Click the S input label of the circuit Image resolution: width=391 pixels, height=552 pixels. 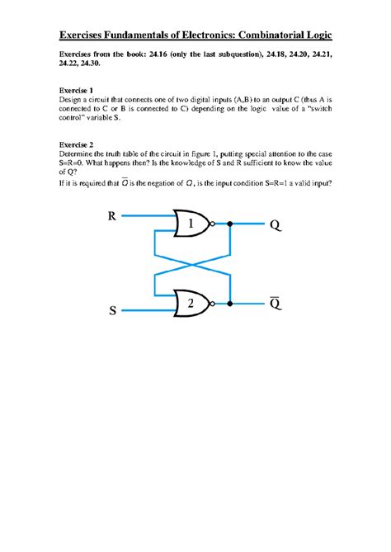coord(112,311)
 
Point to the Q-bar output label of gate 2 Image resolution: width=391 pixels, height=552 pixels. coord(274,304)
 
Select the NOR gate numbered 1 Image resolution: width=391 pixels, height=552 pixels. coord(191,224)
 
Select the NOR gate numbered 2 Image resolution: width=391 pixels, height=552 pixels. coord(191,304)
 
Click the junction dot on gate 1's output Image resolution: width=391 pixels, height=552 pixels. coord(230,224)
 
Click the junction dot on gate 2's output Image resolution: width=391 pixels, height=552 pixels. coord(230,304)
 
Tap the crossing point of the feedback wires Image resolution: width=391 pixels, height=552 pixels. coord(191,264)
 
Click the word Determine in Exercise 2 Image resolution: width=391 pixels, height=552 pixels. coord(77,153)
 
